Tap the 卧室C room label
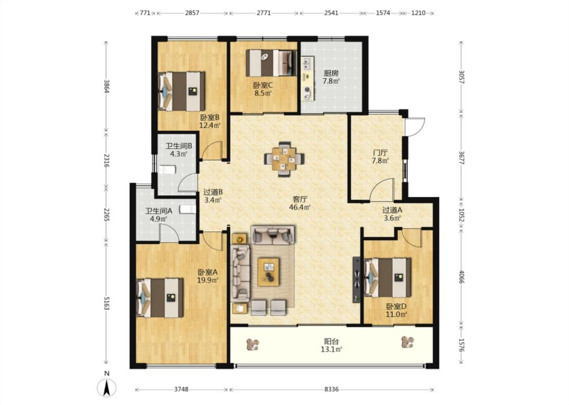click(x=262, y=86)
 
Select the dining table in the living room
click(x=284, y=159)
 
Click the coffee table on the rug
click(x=269, y=272)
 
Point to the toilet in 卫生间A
click(x=188, y=209)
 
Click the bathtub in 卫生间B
click(x=167, y=170)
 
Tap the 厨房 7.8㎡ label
click(x=331, y=77)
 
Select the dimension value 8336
click(x=331, y=389)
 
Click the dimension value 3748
click(x=181, y=389)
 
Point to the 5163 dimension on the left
click(x=106, y=303)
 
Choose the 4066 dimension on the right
click(x=461, y=277)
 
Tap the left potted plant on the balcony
click(x=252, y=344)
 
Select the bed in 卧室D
click(x=388, y=277)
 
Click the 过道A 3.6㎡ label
click(x=392, y=214)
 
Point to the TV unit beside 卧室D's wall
click(x=357, y=280)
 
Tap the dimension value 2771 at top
click(x=264, y=13)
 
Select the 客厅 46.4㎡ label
click(x=300, y=204)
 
